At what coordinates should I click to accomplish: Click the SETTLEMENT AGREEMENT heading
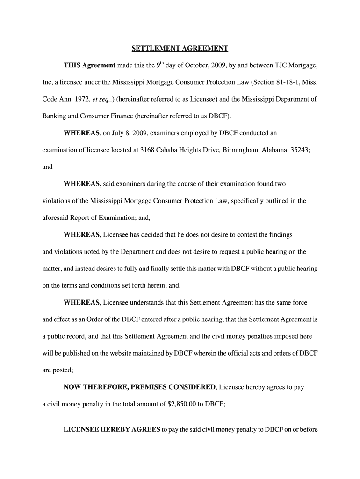click(x=180, y=48)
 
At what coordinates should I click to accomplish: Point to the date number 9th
click(x=160, y=65)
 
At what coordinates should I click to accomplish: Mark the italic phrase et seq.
click(x=105, y=99)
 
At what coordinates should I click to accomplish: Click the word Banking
click(x=54, y=116)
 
